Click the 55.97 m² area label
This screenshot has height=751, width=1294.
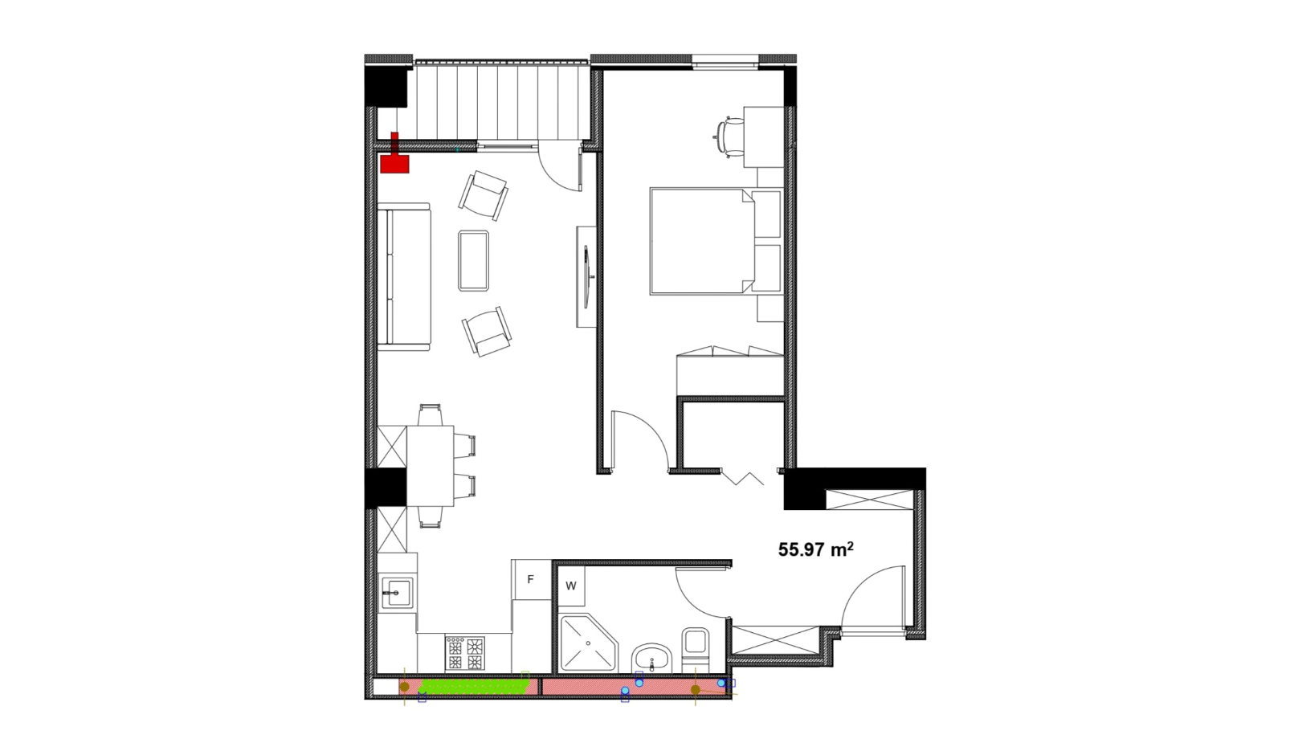pyautogui.click(x=816, y=549)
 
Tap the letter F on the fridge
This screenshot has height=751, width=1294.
pyautogui.click(x=530, y=579)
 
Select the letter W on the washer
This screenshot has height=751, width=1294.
pyautogui.click(x=571, y=586)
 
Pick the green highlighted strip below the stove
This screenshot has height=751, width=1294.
pyautogui.click(x=475, y=686)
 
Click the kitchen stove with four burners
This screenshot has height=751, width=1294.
pyautogui.click(x=464, y=653)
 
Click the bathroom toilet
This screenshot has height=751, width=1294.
pyautogui.click(x=696, y=649)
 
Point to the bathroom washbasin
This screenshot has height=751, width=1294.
pyautogui.click(x=651, y=659)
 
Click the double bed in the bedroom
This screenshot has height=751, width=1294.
pyautogui.click(x=703, y=242)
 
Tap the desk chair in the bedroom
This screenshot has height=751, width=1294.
pyautogui.click(x=729, y=137)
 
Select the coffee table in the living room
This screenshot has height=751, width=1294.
pyautogui.click(x=473, y=260)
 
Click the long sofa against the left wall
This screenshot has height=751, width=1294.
pyautogui.click(x=404, y=277)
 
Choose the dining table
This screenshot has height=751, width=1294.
pyautogui.click(x=430, y=466)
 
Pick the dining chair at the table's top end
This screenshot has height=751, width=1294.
pyautogui.click(x=431, y=414)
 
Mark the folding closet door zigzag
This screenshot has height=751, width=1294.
pyautogui.click(x=742, y=477)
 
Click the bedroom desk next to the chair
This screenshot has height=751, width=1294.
pyautogui.click(x=763, y=137)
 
